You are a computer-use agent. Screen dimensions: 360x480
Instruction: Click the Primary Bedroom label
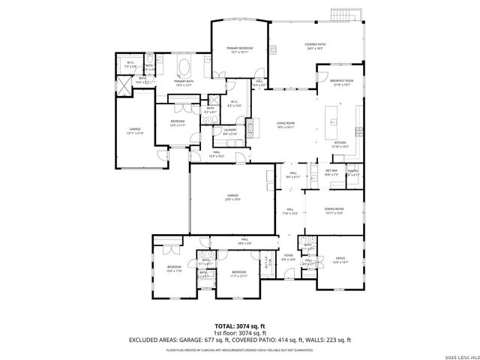coord(239,49)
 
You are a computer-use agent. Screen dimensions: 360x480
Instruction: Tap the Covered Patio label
coord(313,46)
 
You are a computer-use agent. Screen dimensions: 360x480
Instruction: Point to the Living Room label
coord(285,124)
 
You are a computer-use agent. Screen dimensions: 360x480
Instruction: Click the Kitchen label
coord(340,144)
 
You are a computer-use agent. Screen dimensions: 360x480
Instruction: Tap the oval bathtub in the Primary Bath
coord(184,68)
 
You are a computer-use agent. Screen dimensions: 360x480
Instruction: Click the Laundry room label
coord(229,131)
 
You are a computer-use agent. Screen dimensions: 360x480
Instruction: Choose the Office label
coord(340,259)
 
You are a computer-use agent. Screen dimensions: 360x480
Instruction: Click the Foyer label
coord(288,257)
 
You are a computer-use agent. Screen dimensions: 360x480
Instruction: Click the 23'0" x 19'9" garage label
coord(233,196)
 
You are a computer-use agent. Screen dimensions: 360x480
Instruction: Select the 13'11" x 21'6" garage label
coord(135,130)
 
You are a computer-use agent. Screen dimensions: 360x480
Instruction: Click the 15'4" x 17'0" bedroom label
coord(175,268)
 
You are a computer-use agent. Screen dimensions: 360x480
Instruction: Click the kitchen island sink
coord(330,120)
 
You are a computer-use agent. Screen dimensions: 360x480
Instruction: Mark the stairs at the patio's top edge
coord(341,16)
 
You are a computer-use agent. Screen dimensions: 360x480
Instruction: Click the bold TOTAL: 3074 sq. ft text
coord(239,327)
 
